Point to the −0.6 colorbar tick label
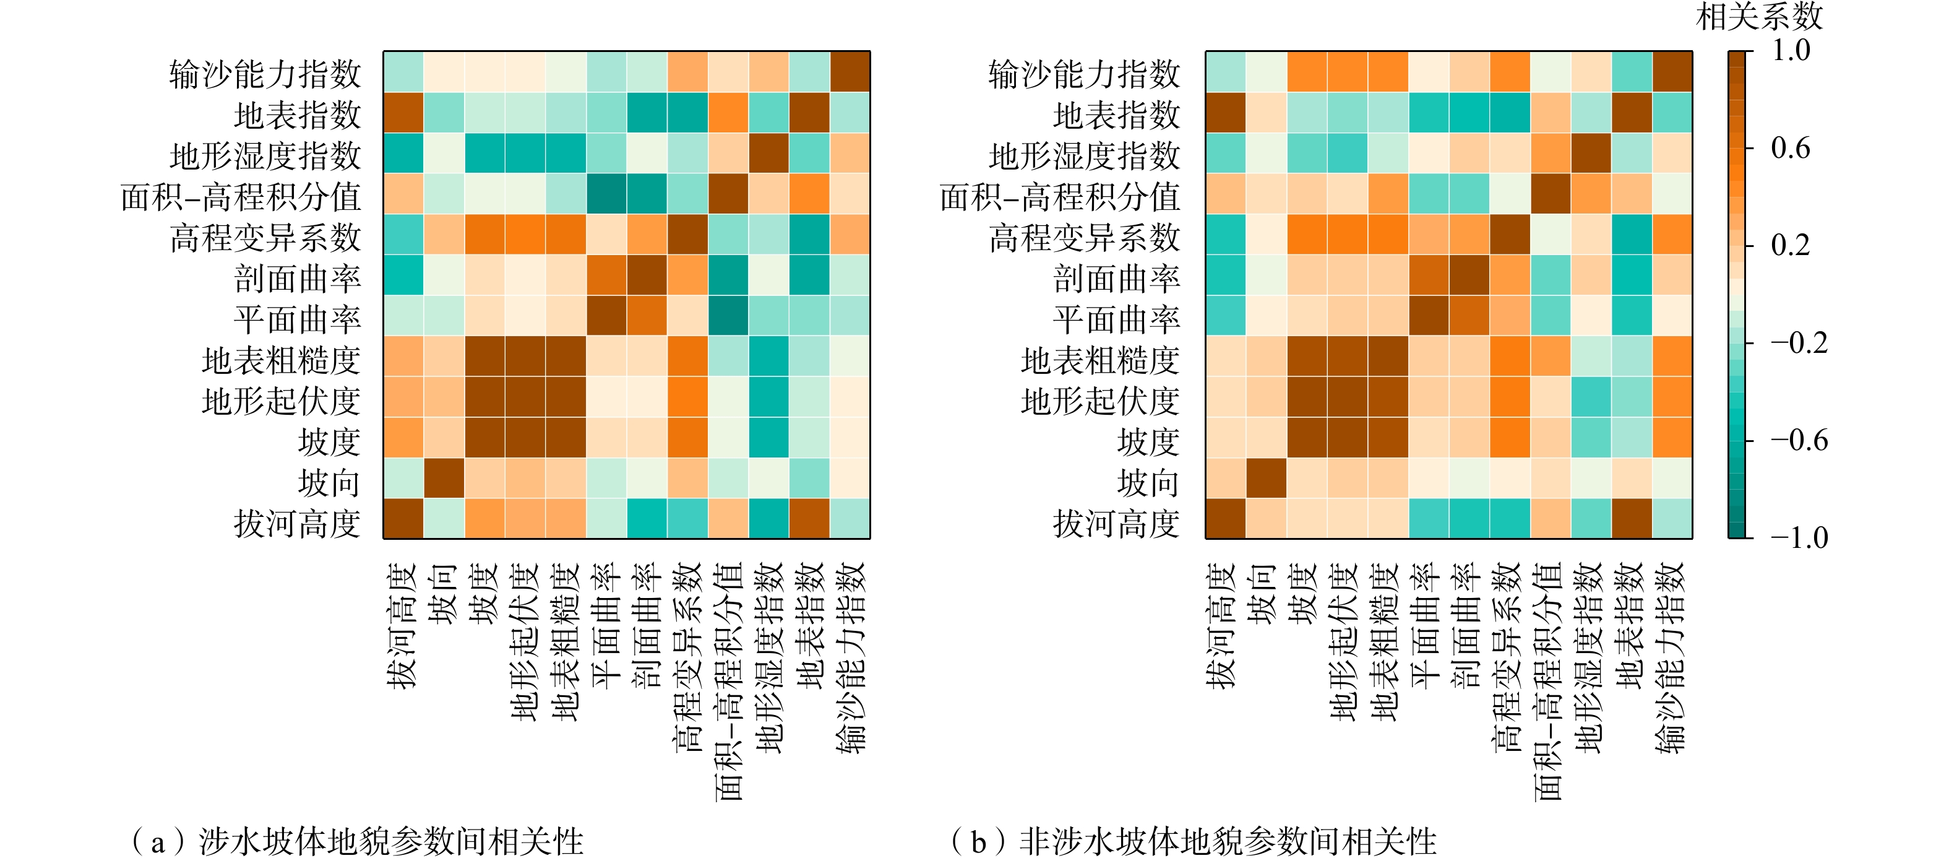coord(1799,441)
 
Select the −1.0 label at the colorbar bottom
coord(1799,538)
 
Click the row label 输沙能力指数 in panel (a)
coord(265,74)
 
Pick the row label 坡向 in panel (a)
coord(329,482)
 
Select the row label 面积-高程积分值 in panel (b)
coord(1059,197)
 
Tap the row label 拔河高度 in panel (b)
coord(1116,523)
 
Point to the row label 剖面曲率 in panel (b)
coord(1116,279)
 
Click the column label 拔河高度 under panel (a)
coord(403,625)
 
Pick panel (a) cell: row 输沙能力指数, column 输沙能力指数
coord(850,71)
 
